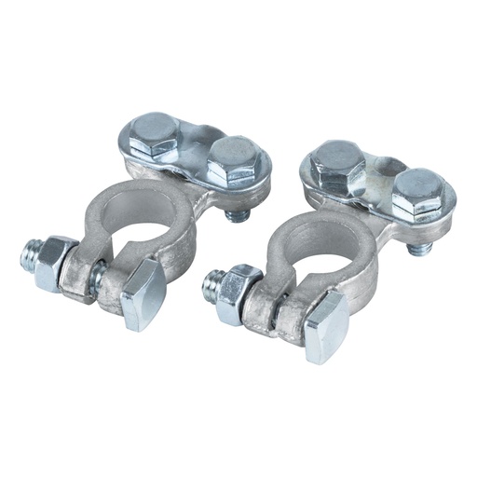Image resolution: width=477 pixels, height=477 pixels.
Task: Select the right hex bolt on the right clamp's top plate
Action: (415, 193)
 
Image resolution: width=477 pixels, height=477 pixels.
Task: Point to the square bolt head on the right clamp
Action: (325, 325)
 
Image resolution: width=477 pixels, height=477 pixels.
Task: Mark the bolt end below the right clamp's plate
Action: (419, 247)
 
